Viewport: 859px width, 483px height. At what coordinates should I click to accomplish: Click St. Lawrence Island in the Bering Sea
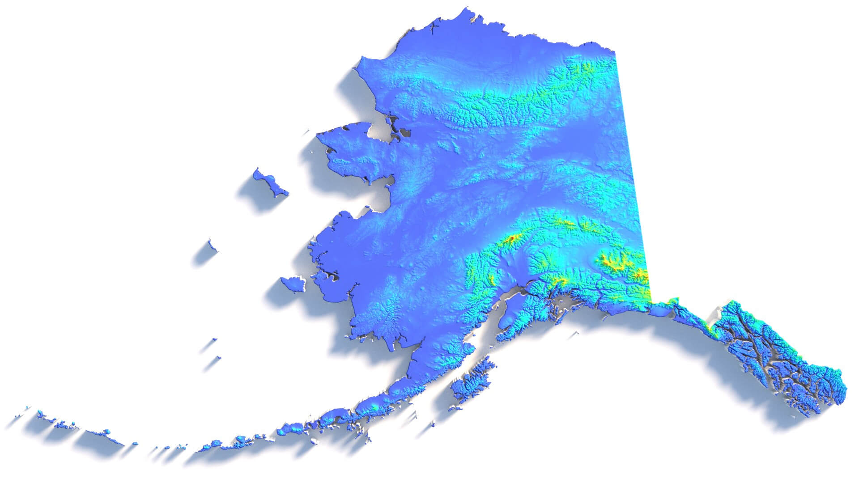(x=270, y=182)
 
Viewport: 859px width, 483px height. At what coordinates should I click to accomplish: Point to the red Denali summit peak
(x=510, y=241)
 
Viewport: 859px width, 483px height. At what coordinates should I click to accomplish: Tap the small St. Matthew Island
(x=210, y=245)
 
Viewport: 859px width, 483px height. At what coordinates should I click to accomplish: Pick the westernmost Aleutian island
(x=28, y=408)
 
